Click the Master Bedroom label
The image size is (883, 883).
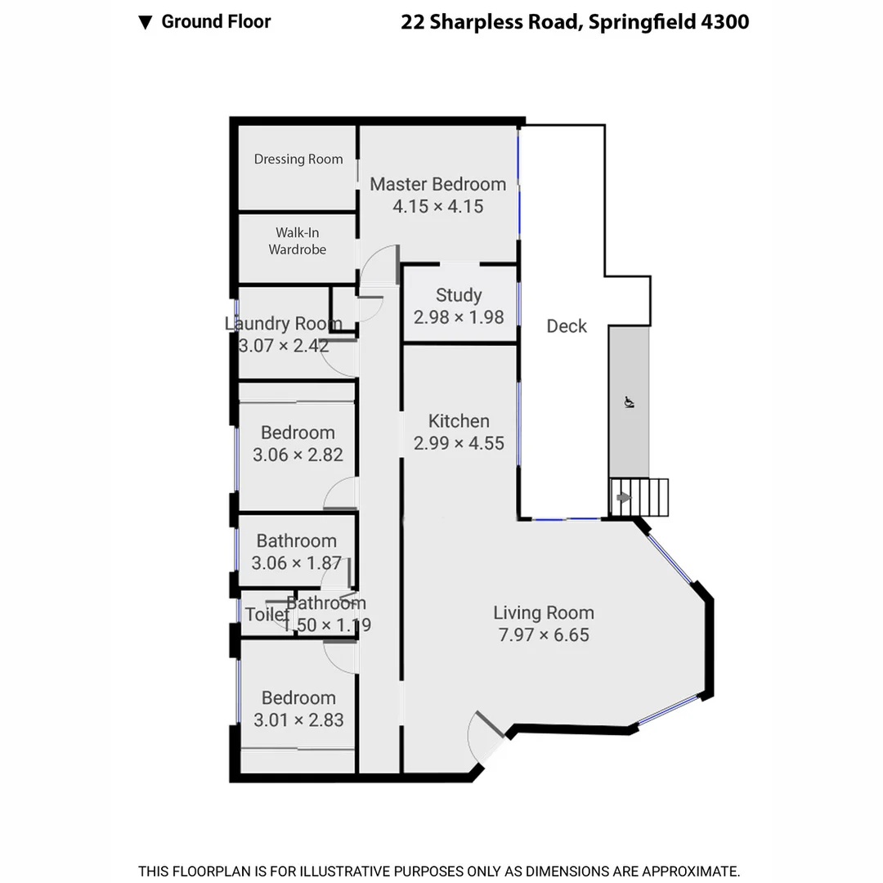437,184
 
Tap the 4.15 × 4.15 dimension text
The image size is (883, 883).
437,206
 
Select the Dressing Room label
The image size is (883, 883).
298,159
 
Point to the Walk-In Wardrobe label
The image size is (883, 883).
298,241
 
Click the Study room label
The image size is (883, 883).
459,295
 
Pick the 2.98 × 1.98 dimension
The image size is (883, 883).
459,317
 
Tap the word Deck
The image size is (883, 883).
567,326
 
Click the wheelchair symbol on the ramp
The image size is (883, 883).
629,401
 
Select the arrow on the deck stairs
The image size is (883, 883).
624,497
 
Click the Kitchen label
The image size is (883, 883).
459,421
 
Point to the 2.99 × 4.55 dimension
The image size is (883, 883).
459,443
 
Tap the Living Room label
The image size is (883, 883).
544,612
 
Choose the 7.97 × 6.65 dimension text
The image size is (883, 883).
544,634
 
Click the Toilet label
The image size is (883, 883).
266,615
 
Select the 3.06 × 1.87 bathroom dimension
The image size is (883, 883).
296,563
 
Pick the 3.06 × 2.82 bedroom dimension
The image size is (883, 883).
298,455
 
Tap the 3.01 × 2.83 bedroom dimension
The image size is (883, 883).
298,719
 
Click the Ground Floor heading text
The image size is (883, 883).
216,22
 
